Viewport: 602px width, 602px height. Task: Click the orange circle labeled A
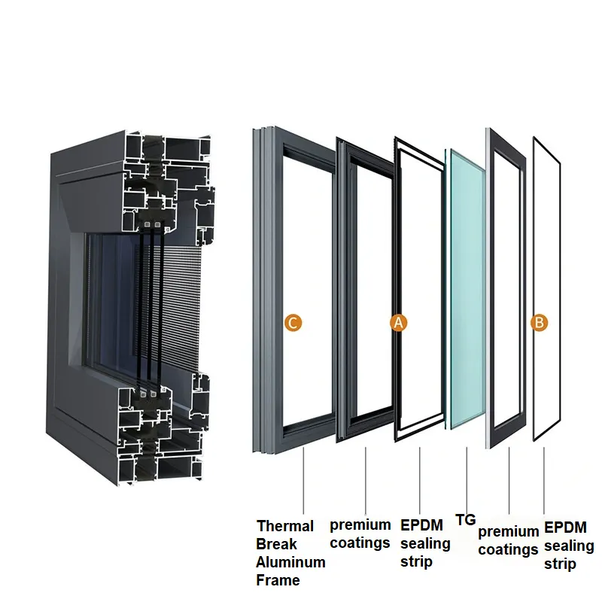tap(399, 323)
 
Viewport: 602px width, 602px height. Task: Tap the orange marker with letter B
tap(539, 323)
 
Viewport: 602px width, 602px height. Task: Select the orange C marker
tap(293, 323)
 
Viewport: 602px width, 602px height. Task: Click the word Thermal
tap(285, 526)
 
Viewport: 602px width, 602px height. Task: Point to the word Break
tap(277, 544)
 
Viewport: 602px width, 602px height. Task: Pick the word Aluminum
tap(290, 562)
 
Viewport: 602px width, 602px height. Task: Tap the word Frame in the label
tap(278, 580)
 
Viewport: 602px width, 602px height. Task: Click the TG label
tap(466, 519)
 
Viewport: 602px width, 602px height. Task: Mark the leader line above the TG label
tap(467, 478)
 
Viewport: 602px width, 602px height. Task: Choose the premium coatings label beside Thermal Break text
tap(360, 534)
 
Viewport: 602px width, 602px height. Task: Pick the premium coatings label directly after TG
tap(508, 540)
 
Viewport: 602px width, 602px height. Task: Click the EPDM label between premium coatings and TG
tap(425, 543)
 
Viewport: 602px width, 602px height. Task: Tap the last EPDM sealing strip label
tap(569, 546)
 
